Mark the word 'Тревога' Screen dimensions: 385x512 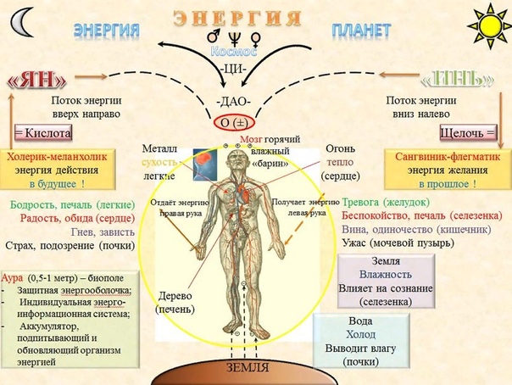[365, 203]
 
